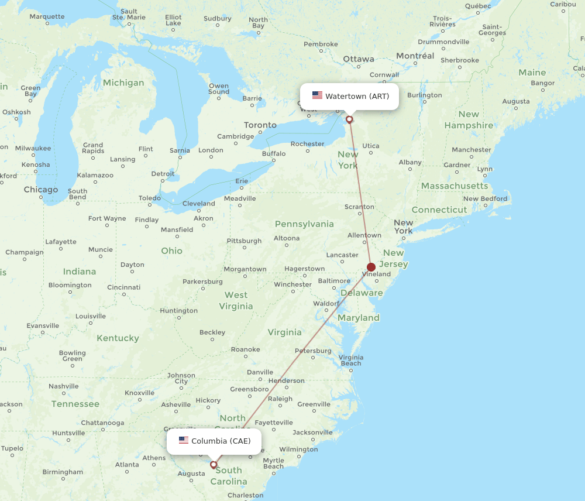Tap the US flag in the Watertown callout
[x=317, y=95]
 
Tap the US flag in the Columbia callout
[x=184, y=441]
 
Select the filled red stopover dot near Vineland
[x=371, y=267]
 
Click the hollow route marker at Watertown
[x=349, y=119]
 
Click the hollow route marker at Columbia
[x=214, y=465]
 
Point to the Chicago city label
[x=41, y=190]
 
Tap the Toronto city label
[x=260, y=125]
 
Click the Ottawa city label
[x=359, y=59]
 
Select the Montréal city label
[x=415, y=56]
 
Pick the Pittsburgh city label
[x=245, y=241]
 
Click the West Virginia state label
[x=236, y=300]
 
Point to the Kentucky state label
[x=118, y=338]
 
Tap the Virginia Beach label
[x=351, y=360]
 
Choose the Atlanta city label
[x=127, y=465]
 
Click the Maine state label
[x=532, y=73]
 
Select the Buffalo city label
[x=274, y=154]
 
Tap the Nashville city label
[x=63, y=386]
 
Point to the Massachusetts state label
[x=455, y=186]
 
